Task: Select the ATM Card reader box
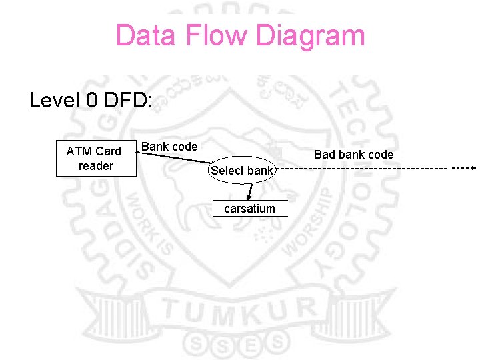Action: point(95,159)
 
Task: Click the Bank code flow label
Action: point(169,147)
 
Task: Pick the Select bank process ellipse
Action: point(241,171)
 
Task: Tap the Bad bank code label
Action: point(353,155)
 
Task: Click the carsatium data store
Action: point(249,209)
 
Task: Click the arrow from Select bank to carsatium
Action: point(250,192)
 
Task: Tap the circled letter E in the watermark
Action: point(250,345)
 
